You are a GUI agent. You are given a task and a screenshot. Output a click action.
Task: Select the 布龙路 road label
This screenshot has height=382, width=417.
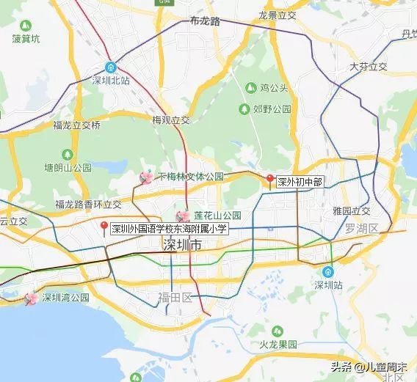point(204,21)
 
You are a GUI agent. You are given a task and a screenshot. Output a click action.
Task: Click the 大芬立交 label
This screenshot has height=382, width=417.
point(369,66)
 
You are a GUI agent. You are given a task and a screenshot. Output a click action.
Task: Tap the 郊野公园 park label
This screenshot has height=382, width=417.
point(272,109)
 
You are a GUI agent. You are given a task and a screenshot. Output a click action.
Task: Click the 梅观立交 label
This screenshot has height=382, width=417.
point(171,120)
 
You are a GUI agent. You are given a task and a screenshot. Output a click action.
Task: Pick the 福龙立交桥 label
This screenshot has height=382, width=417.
point(77,125)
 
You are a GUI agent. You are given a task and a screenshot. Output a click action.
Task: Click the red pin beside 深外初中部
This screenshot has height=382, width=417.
point(269,180)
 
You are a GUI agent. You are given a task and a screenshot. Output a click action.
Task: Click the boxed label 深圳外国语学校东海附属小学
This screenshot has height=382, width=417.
point(170,229)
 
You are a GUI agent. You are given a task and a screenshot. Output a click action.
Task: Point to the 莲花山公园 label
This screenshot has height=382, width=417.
point(217,216)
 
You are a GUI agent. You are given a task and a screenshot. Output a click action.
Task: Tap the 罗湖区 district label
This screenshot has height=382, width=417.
point(363,229)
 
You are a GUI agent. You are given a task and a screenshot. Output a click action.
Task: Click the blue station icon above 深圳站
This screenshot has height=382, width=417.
point(328,271)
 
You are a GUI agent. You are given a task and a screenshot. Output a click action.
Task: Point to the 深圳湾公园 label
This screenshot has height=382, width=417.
point(65,298)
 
